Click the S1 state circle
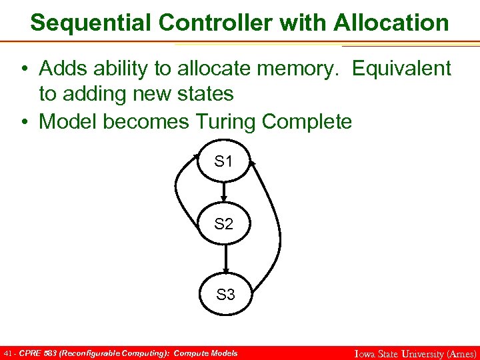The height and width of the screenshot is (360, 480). (x=225, y=162)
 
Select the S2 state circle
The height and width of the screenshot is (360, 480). (x=225, y=225)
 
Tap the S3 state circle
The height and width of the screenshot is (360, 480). (x=226, y=293)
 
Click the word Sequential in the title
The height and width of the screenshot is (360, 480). (x=91, y=23)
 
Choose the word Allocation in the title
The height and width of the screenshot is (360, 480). (x=391, y=23)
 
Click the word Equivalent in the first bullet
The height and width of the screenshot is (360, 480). (x=401, y=68)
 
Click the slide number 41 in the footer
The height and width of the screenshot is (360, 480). (x=8, y=353)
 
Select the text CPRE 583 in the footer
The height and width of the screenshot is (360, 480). (x=38, y=353)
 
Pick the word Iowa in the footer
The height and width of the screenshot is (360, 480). (x=366, y=353)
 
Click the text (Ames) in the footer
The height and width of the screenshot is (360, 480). (x=460, y=353)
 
